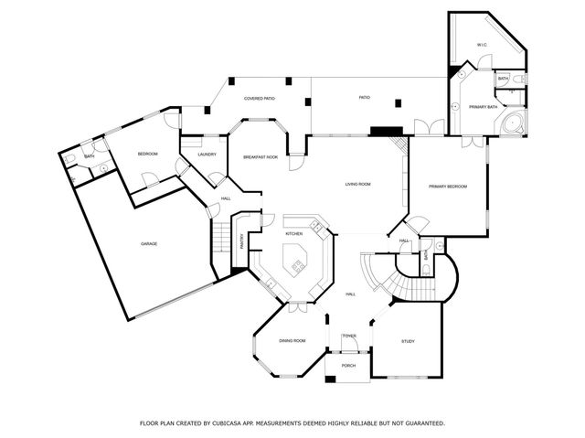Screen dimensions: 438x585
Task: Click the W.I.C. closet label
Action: [x=481, y=45]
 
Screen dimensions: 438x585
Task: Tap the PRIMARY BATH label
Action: [x=483, y=107]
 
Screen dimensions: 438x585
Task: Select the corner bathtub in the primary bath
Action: [x=514, y=123]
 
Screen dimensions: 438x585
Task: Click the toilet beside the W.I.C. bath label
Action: [x=517, y=80]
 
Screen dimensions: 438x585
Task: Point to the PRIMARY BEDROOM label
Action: [x=448, y=187]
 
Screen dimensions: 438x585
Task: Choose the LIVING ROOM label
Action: [x=357, y=185]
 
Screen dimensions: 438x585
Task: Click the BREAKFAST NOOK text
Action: [x=261, y=157]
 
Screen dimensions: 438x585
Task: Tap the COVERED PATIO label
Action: [x=260, y=98]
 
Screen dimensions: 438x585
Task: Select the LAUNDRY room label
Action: [x=207, y=154]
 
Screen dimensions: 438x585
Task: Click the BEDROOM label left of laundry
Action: [x=148, y=154]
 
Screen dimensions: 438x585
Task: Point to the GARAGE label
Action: [x=149, y=243]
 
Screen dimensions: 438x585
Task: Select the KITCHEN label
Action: [x=294, y=234]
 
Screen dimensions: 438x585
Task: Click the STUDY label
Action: [x=408, y=341]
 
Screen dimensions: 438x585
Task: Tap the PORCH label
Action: [x=348, y=365]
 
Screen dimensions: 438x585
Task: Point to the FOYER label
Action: [x=349, y=337]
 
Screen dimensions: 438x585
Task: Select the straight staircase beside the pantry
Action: [x=219, y=240]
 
